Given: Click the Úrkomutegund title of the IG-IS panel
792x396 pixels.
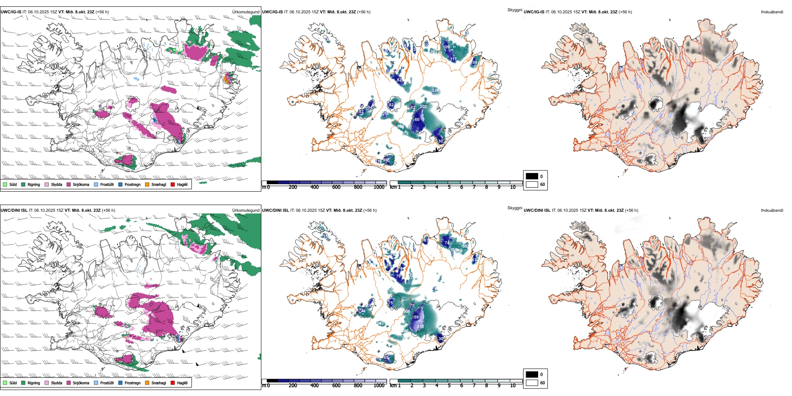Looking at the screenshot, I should [246, 12].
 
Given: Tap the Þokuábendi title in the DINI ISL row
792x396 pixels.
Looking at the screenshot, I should [772, 211].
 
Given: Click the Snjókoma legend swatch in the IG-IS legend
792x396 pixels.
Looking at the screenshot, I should [69, 184].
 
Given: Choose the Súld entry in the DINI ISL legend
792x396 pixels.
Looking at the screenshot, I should [5, 383].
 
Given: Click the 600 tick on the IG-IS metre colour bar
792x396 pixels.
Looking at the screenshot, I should [336, 187].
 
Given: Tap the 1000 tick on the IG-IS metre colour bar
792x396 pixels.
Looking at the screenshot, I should [379, 187].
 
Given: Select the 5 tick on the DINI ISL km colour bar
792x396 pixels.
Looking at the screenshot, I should [449, 386].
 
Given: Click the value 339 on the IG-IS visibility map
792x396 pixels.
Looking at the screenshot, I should [435, 90].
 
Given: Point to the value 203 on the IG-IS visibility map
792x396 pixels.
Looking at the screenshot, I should [423, 107].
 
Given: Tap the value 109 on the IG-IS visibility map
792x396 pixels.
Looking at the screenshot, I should [446, 47].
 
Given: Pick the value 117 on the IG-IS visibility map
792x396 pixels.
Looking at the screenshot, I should [454, 60].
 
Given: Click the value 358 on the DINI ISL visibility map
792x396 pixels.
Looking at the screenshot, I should [420, 327].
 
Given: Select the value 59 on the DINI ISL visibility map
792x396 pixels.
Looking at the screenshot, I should [416, 317].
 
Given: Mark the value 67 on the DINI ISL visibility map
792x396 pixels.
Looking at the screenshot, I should [426, 241].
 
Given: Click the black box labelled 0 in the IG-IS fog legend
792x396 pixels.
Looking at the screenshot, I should [532, 176].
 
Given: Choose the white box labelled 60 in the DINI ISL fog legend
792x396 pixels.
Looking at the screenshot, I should [532, 383].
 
